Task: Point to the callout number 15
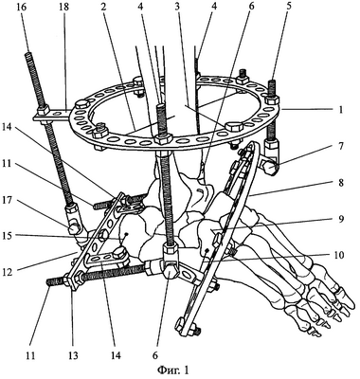pyautogui.click(x=11, y=236)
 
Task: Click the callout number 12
pyautogui.click(x=11, y=272)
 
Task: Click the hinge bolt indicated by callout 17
pyautogui.click(x=75, y=228)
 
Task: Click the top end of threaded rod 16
pyautogui.click(x=27, y=54)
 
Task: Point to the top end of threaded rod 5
pyautogui.click(x=272, y=82)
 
